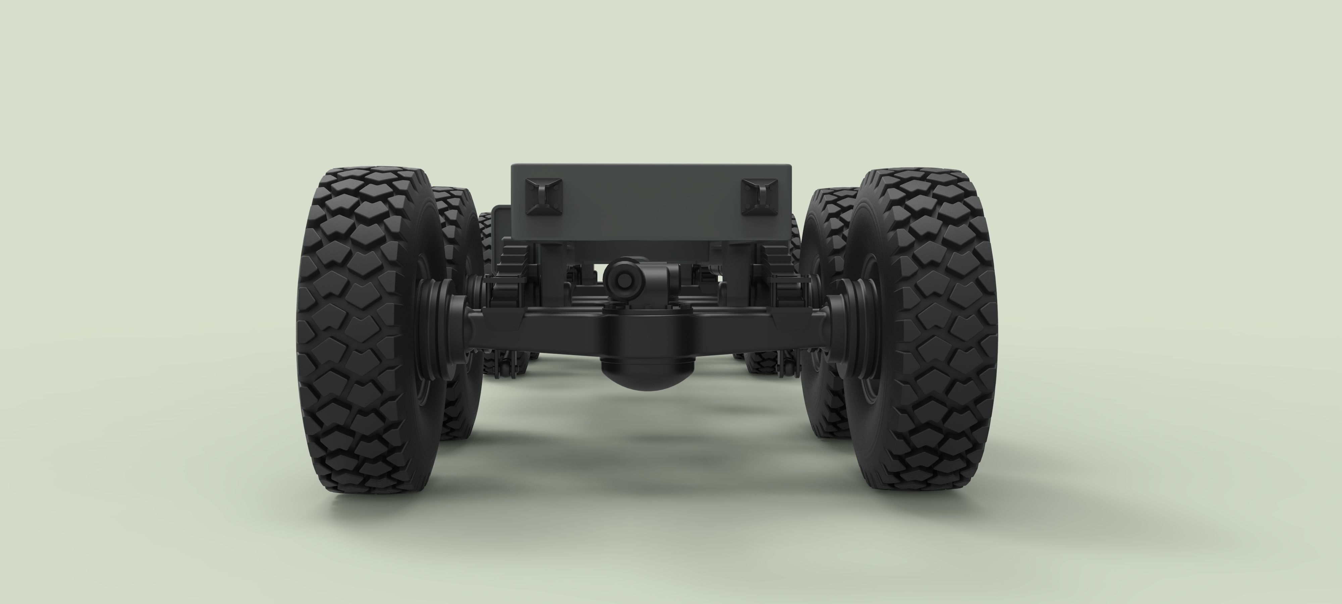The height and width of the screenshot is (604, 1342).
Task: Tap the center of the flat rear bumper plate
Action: (651, 203)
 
